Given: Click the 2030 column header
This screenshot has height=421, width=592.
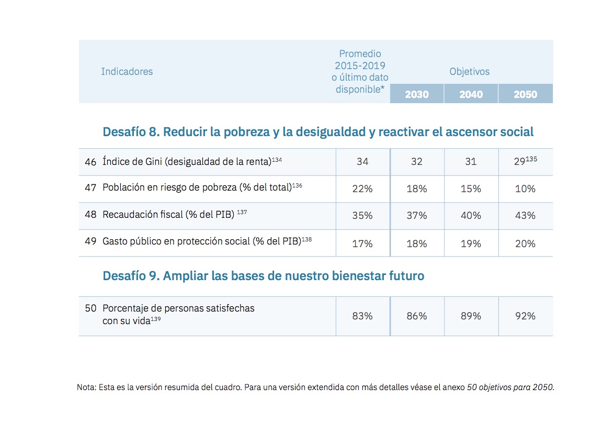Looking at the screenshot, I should (x=416, y=95).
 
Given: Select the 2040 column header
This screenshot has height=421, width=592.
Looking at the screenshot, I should (x=471, y=95).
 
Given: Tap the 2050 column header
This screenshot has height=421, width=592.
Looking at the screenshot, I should (x=525, y=95).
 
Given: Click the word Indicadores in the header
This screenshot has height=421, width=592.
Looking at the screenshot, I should (x=127, y=72).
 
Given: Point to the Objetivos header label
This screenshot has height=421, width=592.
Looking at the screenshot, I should (x=470, y=72).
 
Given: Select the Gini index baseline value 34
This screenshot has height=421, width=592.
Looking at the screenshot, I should (x=362, y=162).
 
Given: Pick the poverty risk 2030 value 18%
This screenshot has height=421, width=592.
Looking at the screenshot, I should (x=416, y=189).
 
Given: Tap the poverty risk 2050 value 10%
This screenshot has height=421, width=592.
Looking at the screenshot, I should (x=525, y=189).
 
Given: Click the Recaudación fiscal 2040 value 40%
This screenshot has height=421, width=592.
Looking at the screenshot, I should (x=471, y=216).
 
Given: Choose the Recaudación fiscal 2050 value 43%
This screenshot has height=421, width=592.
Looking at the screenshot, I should (x=525, y=216).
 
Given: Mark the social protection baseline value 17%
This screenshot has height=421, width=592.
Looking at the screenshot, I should (x=362, y=243).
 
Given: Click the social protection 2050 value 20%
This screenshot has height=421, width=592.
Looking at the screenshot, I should (x=525, y=243).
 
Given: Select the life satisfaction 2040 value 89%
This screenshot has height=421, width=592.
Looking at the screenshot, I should (x=471, y=316).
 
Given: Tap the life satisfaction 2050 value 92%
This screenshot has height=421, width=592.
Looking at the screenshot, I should (x=525, y=316).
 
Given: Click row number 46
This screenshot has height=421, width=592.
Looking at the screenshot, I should (x=90, y=162).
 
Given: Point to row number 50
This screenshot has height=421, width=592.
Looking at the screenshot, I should (x=90, y=308).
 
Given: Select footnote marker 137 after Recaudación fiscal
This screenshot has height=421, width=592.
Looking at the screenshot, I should (x=242, y=212).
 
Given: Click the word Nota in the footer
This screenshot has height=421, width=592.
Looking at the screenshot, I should (x=86, y=388).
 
